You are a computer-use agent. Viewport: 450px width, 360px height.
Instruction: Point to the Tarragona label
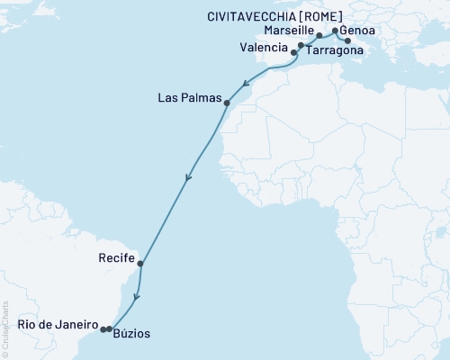(x=335, y=51)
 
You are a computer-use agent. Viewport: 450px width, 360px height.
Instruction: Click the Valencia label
(x=265, y=46)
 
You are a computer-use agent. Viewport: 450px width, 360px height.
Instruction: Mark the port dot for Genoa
(x=335, y=31)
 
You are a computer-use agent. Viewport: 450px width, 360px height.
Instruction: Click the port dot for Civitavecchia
(x=347, y=40)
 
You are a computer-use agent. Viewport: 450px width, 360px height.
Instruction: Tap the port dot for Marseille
(x=319, y=36)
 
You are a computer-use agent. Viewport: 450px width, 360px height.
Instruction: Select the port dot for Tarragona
(x=301, y=44)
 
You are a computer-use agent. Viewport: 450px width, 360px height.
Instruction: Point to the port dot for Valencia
(x=294, y=53)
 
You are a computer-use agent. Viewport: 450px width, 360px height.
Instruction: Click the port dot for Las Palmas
(x=227, y=103)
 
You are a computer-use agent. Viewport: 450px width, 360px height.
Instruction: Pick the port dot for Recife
(x=140, y=264)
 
